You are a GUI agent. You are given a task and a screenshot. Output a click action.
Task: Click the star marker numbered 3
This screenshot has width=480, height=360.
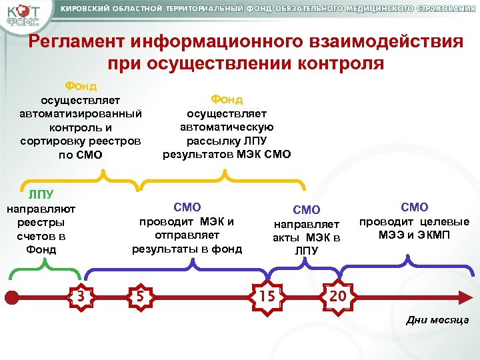[80, 293]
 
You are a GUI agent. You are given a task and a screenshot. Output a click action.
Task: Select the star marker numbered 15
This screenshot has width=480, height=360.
[268, 293]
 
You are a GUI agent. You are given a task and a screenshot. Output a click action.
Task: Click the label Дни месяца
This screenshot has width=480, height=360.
[437, 320]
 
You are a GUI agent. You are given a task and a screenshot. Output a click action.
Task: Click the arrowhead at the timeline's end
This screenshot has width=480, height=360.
[465, 293]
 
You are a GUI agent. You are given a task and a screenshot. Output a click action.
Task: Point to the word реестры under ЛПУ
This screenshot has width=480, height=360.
[41, 223]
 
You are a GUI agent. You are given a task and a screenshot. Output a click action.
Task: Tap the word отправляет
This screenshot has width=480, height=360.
[187, 235]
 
